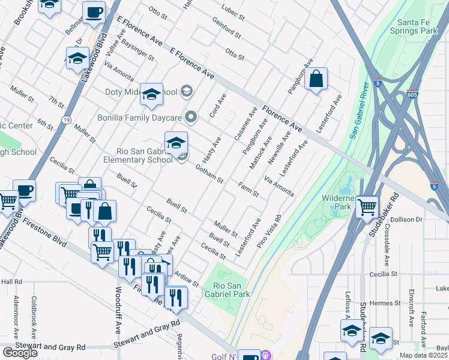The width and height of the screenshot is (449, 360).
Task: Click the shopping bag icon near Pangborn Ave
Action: [316, 79]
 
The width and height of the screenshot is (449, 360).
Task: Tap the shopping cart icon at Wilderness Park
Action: [367, 208]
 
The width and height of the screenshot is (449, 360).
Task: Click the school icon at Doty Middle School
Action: [152, 94]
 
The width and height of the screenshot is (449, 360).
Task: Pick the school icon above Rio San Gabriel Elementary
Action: [176, 143]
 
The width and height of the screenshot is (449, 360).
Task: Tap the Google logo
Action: [20, 353]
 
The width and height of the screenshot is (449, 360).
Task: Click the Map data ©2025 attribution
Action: [423, 355]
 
